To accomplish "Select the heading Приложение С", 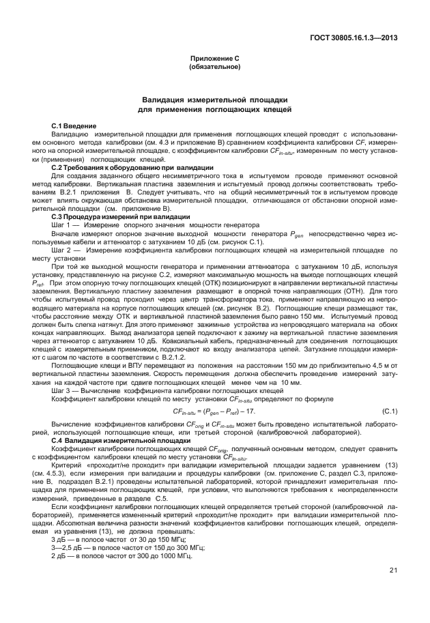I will [x=214, y=59].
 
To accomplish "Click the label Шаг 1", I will [x=63, y=224].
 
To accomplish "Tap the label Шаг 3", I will [x=63, y=392].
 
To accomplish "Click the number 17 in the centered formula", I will [x=251, y=411].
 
